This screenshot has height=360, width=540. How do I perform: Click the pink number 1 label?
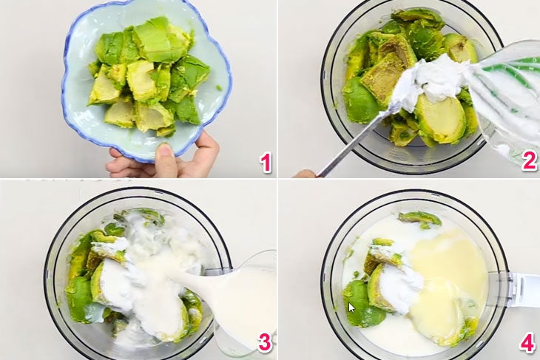(x=266, y=163)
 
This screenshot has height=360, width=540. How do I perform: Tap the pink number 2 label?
(x=529, y=160)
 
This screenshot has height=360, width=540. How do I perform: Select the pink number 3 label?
(x=265, y=342)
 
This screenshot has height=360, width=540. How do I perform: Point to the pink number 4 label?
(x=527, y=342)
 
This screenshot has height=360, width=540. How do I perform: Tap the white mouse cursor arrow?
(x=351, y=308)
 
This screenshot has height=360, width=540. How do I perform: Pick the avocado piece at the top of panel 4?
(x=420, y=219)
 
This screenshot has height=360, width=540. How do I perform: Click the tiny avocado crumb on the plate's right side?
(x=219, y=88)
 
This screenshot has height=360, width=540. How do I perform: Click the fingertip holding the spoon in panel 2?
(x=305, y=174)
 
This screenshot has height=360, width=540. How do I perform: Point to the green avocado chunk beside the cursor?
(x=362, y=303)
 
